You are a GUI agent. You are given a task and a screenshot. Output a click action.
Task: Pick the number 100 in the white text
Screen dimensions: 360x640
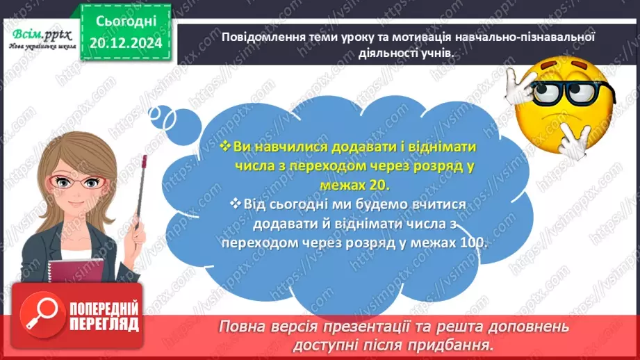pos(475,243)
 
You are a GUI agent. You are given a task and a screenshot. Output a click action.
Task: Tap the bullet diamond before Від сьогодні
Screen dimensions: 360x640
pos(233,203)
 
